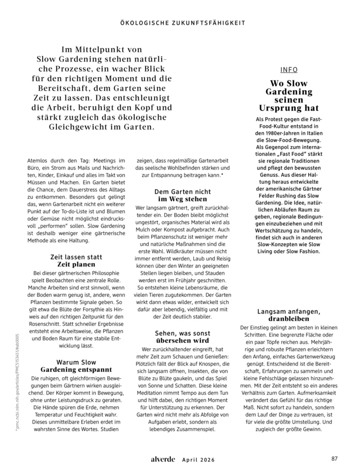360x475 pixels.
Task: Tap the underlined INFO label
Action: point(288,70)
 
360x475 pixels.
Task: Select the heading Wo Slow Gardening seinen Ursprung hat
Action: point(288,96)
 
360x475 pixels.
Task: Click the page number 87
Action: point(334,459)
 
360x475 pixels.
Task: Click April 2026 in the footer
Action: point(198,460)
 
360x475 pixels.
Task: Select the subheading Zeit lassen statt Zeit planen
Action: point(76,261)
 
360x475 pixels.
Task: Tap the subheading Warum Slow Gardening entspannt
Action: point(76,365)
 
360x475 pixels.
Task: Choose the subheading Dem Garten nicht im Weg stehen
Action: point(182,195)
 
